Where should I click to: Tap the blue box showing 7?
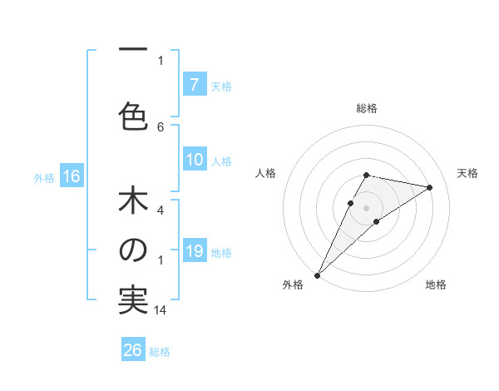pyautogui.click(x=194, y=84)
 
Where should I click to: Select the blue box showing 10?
pyautogui.click(x=194, y=160)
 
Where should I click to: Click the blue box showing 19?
pyautogui.click(x=194, y=251)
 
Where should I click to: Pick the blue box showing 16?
pyautogui.click(x=71, y=176)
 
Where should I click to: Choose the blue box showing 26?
pyautogui.click(x=133, y=350)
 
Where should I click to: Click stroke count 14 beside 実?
pyautogui.click(x=161, y=310)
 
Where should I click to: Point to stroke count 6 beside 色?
pyautogui.click(x=161, y=126)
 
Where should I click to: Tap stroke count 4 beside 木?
pyautogui.click(x=161, y=211)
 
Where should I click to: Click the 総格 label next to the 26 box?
pyautogui.click(x=160, y=352)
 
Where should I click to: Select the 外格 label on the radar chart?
pyautogui.click(x=293, y=285)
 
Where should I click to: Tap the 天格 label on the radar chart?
pyautogui.click(x=467, y=173)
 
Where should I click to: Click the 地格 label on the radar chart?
pyautogui.click(x=436, y=285)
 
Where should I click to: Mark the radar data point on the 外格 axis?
pyautogui.click(x=317, y=275)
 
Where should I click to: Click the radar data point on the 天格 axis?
pyautogui.click(x=430, y=187)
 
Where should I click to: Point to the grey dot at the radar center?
pyautogui.click(x=366, y=207)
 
